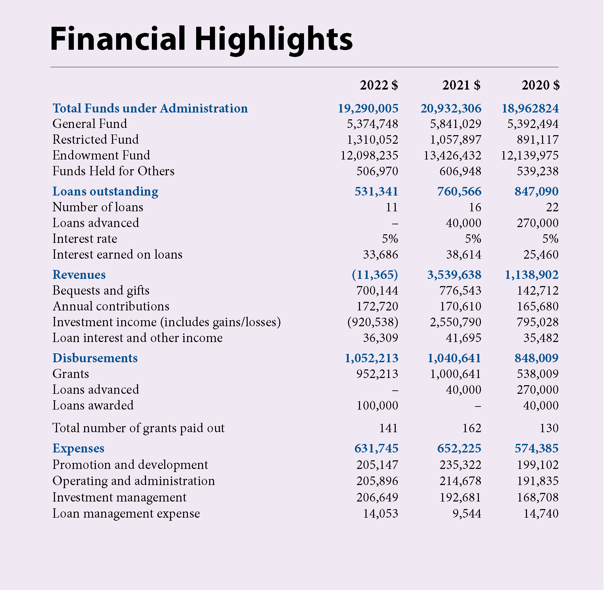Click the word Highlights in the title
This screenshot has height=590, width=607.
[x=273, y=40]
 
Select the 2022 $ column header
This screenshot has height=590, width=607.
[x=379, y=85]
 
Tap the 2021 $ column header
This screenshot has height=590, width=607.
[x=461, y=85]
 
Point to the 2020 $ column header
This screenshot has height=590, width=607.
[x=541, y=85]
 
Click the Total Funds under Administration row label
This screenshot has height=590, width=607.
[x=150, y=108]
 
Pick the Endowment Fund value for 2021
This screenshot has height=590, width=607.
[x=452, y=156]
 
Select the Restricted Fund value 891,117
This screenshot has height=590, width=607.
[x=538, y=140]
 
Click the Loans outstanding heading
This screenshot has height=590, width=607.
[x=105, y=192]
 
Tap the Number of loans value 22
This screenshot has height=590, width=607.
[x=552, y=207]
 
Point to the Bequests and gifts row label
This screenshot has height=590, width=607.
[x=101, y=291]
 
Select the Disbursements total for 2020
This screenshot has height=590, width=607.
[x=537, y=358]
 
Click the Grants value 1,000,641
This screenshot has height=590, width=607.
[x=456, y=374]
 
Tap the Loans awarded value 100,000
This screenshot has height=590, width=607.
[x=377, y=405]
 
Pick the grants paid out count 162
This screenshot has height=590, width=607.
[x=472, y=428]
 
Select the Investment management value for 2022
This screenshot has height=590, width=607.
[x=377, y=497]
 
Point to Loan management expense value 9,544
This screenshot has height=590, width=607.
[x=467, y=514]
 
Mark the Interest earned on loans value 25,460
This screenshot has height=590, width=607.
[x=541, y=255]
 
